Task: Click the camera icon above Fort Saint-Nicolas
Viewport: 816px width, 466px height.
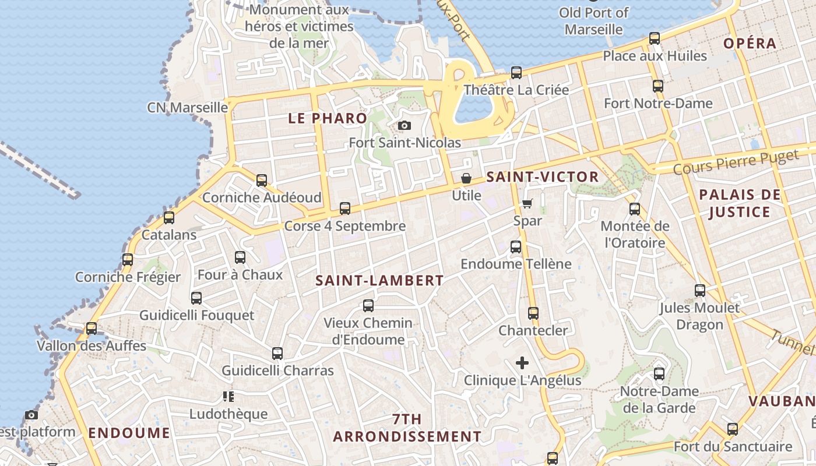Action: pyautogui.click(x=404, y=125)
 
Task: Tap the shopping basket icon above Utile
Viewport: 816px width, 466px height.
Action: pyautogui.click(x=466, y=178)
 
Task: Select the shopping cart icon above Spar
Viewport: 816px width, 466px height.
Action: pyautogui.click(x=527, y=203)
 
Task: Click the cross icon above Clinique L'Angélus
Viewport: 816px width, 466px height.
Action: pyautogui.click(x=522, y=363)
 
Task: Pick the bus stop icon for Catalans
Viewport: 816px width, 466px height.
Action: pyautogui.click(x=169, y=218)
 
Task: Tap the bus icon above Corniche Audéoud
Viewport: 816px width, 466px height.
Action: pyautogui.click(x=262, y=181)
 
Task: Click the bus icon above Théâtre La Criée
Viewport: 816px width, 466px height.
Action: pyautogui.click(x=516, y=73)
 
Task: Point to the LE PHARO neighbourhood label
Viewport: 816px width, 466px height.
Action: pyautogui.click(x=328, y=118)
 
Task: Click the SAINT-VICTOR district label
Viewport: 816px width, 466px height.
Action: pyautogui.click(x=543, y=177)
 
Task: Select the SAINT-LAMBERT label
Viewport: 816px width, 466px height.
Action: pyautogui.click(x=379, y=280)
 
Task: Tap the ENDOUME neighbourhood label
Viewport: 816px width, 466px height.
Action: pyautogui.click(x=129, y=433)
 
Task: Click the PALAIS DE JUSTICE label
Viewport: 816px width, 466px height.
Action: pyautogui.click(x=740, y=203)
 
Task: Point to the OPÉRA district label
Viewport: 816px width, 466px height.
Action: pyautogui.click(x=750, y=43)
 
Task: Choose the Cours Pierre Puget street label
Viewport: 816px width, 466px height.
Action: pyautogui.click(x=736, y=163)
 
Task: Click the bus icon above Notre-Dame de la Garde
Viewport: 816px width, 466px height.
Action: pyautogui.click(x=659, y=374)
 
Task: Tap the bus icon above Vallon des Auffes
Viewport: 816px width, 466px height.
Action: pyautogui.click(x=92, y=329)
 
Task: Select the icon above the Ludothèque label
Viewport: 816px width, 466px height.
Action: pyautogui.click(x=228, y=397)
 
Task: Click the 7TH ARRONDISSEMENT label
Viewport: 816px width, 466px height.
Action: pyautogui.click(x=407, y=428)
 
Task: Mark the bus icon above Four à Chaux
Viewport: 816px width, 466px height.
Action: pyautogui.click(x=240, y=257)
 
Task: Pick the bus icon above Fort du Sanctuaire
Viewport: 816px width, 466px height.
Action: pyautogui.click(x=733, y=429)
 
